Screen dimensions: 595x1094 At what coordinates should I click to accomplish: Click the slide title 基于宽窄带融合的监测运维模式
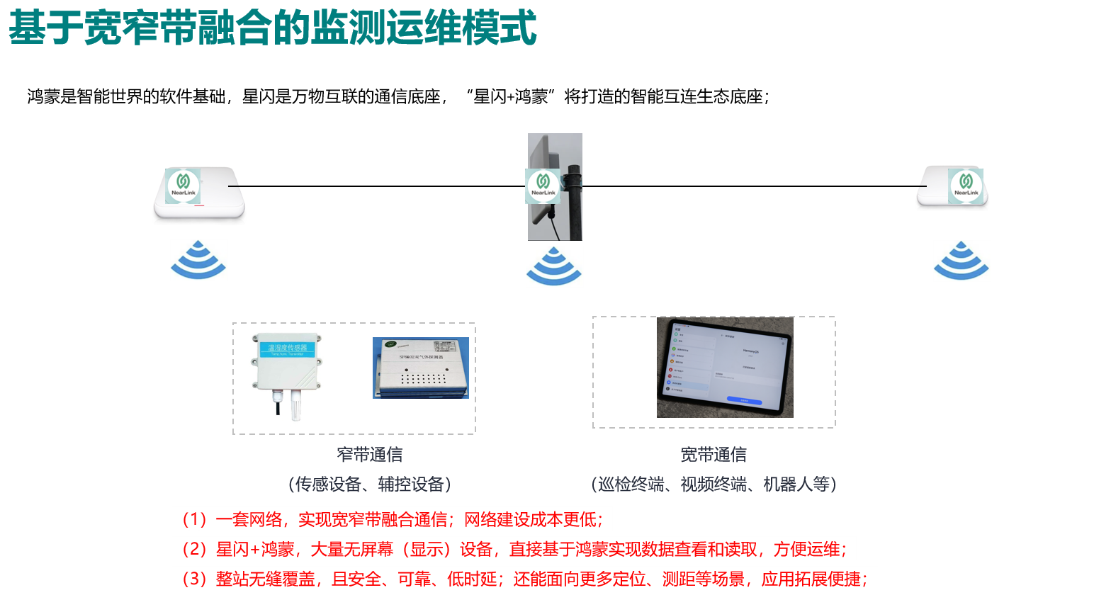[272, 28]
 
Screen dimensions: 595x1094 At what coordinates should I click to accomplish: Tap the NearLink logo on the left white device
[184, 185]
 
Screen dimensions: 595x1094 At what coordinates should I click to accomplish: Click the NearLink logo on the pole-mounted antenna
[543, 186]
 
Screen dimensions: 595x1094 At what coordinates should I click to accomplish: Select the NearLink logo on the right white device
[966, 186]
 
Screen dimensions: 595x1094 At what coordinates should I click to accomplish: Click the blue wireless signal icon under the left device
[199, 260]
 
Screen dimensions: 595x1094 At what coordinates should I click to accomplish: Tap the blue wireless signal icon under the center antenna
[555, 266]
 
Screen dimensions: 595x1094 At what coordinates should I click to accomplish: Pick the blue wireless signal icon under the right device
[962, 261]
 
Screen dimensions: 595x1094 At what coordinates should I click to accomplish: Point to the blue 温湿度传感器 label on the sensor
[287, 348]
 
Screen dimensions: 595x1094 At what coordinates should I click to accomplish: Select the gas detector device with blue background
[421, 368]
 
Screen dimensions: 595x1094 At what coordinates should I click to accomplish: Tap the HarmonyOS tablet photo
[725, 367]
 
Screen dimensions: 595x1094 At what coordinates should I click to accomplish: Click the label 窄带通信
[369, 454]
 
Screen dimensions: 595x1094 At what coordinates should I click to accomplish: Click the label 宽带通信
[714, 454]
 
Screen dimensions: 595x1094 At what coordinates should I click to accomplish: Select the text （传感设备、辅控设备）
[369, 484]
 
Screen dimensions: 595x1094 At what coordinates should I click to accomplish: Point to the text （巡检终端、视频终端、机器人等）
[714, 484]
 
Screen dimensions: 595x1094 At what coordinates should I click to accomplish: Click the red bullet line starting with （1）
[392, 519]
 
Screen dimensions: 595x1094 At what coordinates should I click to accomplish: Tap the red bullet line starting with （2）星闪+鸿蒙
[514, 549]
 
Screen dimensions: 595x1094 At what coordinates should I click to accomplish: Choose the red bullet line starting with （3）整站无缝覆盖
[524, 579]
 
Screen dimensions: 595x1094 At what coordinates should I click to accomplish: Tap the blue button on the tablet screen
[744, 401]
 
